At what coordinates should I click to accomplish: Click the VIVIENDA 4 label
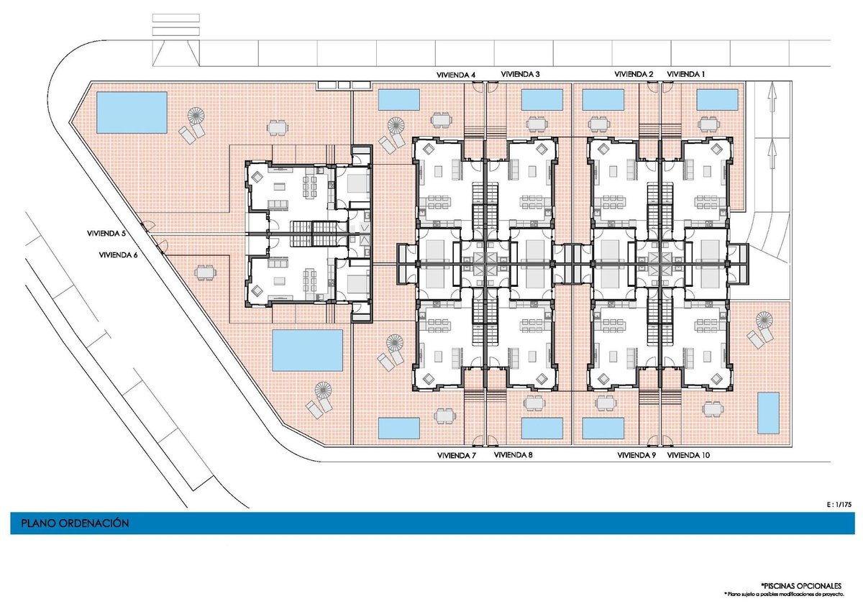456,75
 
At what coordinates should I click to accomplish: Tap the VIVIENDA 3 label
520,74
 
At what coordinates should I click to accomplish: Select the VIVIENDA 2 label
634,74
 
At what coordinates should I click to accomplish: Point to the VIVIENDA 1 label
686,74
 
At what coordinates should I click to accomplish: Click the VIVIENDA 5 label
106,234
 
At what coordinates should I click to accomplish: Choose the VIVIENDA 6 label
118,255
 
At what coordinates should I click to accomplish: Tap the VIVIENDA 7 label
457,456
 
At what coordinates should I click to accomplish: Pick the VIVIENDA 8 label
513,455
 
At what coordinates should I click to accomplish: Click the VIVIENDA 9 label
636,455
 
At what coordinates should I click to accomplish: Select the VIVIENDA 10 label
688,455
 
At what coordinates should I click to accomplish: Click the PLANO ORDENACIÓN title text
75,523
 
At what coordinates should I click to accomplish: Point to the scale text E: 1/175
839,505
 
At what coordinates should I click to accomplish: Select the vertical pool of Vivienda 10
768,413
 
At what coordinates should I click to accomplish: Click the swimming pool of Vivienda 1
717,100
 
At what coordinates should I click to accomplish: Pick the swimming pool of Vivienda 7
398,429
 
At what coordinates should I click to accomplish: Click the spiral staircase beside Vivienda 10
764,320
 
